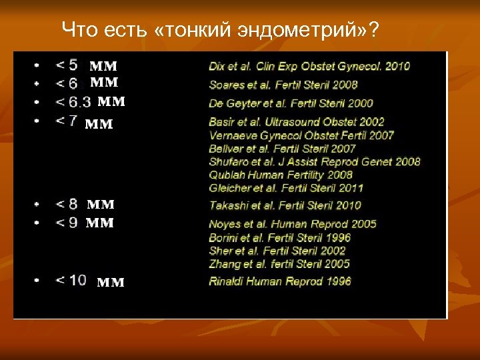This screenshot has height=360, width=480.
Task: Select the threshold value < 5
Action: click(67, 65)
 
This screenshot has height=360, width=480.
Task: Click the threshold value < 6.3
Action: click(73, 103)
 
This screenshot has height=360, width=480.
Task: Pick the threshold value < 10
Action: click(71, 280)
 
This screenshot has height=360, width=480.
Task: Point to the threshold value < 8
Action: click(67, 205)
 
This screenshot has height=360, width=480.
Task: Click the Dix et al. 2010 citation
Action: click(309, 66)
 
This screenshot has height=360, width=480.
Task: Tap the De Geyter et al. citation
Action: click(291, 103)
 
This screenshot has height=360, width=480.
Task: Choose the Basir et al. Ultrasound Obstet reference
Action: click(297, 122)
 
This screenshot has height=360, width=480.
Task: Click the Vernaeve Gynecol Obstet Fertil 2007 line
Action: click(301, 135)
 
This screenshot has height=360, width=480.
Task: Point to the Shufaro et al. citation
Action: click(315, 161)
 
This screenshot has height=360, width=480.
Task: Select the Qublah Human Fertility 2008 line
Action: click(281, 175)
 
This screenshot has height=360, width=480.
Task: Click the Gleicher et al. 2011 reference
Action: click(286, 188)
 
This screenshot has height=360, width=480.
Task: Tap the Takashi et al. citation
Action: click(285, 205)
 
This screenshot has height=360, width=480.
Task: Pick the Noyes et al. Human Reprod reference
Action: click(293, 224)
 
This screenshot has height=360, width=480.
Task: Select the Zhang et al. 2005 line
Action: click(279, 264)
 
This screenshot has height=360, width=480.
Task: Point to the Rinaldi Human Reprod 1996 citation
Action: click(280, 281)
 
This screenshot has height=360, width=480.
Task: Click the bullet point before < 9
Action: click(37, 223)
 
